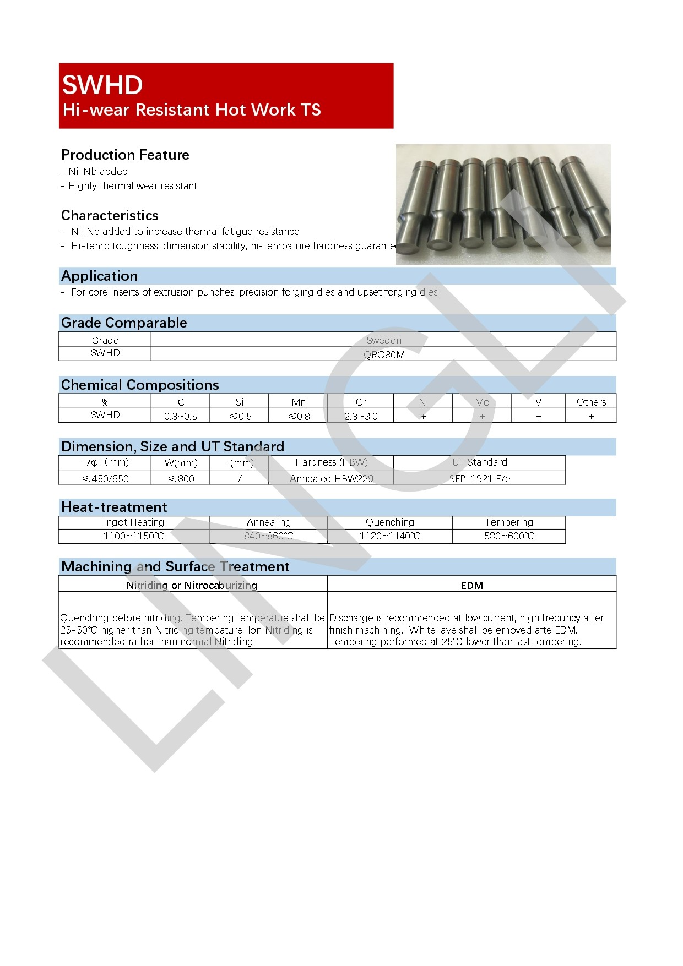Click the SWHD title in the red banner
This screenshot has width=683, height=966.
(102, 85)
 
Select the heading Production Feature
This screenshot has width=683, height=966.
(125, 155)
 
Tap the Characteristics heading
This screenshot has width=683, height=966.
(110, 215)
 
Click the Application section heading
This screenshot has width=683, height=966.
(100, 276)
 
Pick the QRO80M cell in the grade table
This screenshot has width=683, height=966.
(384, 355)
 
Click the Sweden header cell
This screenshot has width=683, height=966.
(384, 340)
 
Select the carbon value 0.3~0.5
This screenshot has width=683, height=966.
(181, 417)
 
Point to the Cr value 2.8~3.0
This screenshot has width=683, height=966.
(361, 417)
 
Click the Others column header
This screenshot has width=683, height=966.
(591, 402)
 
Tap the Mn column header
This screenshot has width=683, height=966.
(298, 402)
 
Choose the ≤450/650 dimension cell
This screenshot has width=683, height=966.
(105, 478)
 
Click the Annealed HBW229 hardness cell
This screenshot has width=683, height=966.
(331, 478)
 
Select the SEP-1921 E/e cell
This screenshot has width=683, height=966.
(480, 478)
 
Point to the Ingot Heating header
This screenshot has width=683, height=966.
(134, 522)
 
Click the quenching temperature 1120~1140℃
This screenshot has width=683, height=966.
(389, 536)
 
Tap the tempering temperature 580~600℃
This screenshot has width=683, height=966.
(509, 536)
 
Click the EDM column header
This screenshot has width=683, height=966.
(472, 585)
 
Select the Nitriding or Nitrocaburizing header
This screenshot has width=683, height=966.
(192, 585)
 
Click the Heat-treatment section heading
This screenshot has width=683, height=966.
(114, 507)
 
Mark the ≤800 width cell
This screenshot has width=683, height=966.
(181, 478)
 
